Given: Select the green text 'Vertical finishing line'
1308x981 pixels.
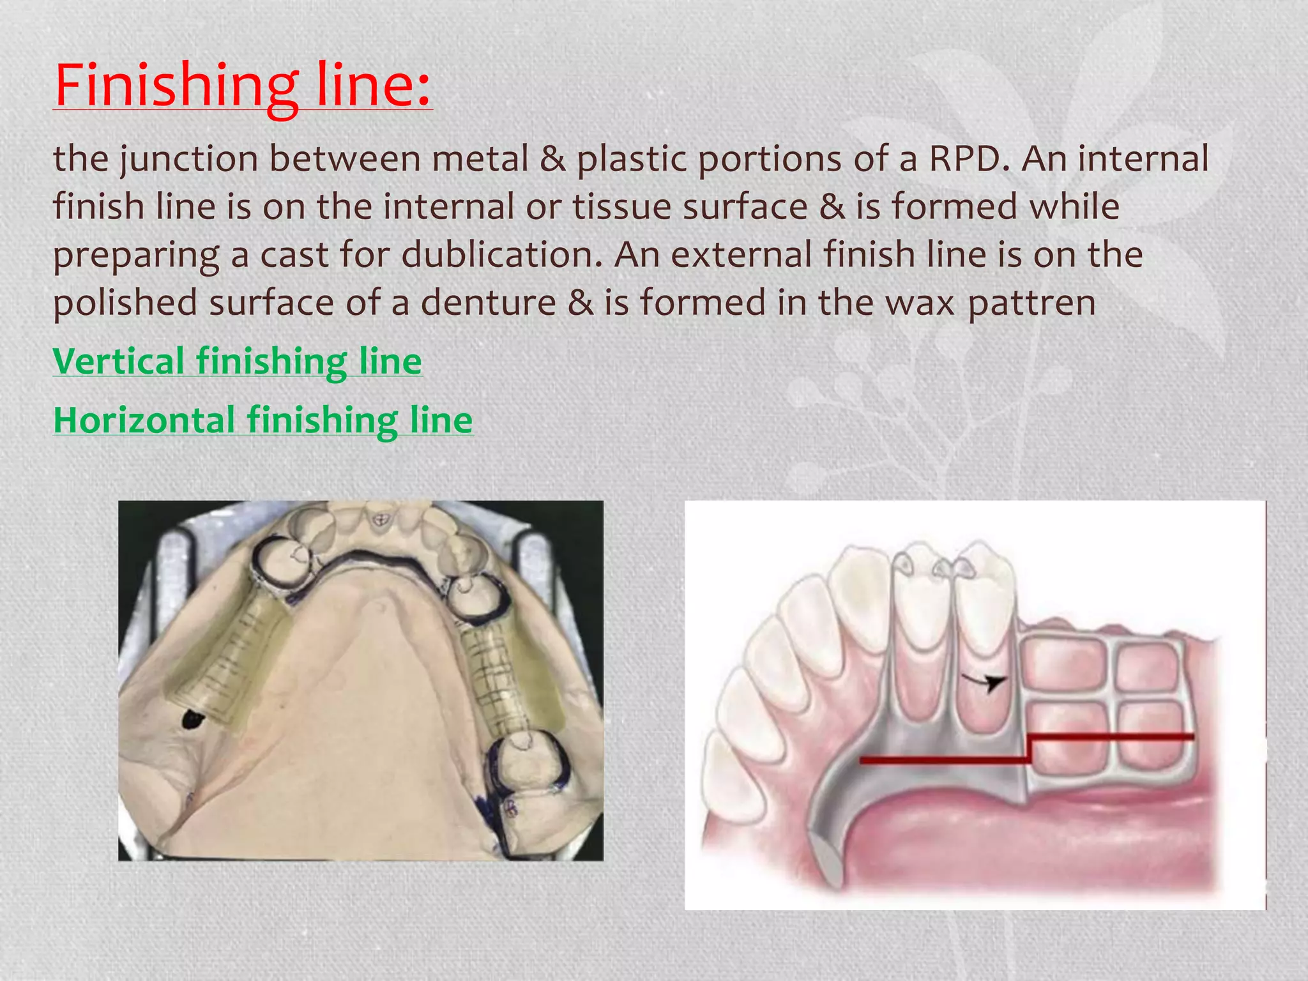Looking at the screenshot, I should tap(237, 361).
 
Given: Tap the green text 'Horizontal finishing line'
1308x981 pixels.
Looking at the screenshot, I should tap(262, 420).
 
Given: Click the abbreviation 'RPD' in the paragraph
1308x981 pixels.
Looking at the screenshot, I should tap(964, 158).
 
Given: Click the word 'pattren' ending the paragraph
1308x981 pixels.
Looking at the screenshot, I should tap(1031, 302).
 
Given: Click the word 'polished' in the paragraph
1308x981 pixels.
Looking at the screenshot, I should tap(125, 302).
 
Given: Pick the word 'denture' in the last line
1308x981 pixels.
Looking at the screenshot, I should tap(488, 302).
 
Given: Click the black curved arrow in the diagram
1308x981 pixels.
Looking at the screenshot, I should tap(986, 682).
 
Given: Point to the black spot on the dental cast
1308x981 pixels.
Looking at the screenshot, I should tap(192, 719).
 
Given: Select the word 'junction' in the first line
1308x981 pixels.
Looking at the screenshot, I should tap(189, 158).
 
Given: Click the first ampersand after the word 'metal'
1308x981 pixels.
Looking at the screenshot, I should tap(553, 158).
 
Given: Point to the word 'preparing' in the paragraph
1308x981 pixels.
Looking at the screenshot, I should tap(136, 254).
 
